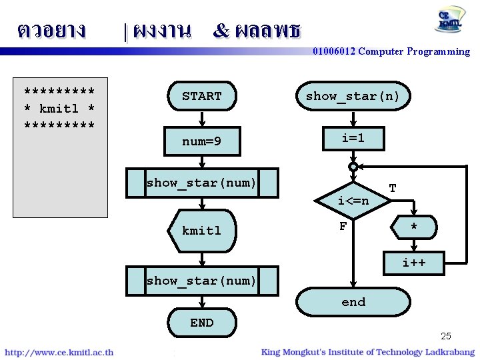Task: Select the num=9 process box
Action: [202, 141]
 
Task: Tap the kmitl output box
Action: [202, 231]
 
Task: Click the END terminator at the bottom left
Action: [202, 323]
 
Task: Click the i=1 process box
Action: [353, 139]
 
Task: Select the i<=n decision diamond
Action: [353, 199]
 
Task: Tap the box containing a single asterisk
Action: [414, 229]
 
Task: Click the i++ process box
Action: [414, 263]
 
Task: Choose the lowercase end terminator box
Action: [353, 302]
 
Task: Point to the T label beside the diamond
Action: [393, 189]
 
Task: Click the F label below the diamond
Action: [343, 227]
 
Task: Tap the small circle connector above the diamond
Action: [353, 167]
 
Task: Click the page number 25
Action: [445, 336]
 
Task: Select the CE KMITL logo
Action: [451, 20]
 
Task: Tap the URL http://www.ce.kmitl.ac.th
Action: [59, 352]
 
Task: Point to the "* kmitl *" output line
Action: [59, 108]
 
